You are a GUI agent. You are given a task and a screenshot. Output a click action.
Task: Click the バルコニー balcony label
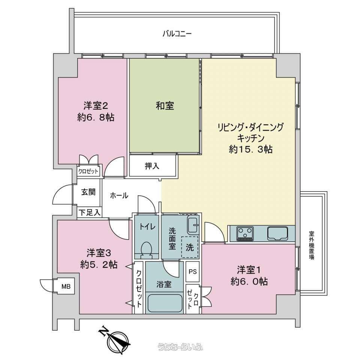point(177,34)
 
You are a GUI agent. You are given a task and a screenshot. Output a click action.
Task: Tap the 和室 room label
point(165,106)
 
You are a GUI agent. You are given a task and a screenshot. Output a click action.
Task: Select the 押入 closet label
point(152,166)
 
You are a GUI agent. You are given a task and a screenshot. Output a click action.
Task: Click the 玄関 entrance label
point(88,192)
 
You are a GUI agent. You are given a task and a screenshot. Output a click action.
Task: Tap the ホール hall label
point(119,196)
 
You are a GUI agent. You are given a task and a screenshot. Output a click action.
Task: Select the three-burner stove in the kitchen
point(245,233)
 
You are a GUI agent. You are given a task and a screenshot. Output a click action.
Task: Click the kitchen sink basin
point(277,233)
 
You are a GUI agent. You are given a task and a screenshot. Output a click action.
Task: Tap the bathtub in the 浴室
point(165,303)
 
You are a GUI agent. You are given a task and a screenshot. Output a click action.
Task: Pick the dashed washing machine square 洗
point(190,247)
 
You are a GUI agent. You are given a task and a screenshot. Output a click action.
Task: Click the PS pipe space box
point(193,271)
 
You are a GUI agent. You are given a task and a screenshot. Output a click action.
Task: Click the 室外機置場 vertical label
point(311,245)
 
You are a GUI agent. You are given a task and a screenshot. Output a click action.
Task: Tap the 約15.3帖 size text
point(251,150)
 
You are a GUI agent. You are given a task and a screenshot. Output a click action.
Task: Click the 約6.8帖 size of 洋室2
point(96,117)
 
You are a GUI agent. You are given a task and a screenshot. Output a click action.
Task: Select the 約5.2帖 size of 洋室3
point(99,265)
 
